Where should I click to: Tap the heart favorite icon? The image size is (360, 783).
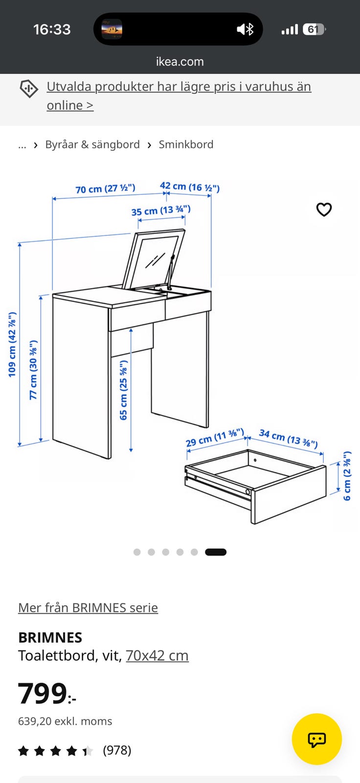[x=324, y=209]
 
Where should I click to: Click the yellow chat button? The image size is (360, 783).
[x=316, y=739]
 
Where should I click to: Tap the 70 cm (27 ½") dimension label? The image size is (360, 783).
[x=105, y=188]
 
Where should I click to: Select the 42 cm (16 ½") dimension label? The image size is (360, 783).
[x=190, y=187]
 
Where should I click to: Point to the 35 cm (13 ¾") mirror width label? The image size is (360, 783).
[x=161, y=211]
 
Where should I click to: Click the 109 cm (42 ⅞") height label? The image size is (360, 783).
[x=12, y=345]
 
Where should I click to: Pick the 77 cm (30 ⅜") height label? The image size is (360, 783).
[x=33, y=370]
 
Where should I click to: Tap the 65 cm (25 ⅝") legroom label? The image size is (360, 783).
[x=123, y=390]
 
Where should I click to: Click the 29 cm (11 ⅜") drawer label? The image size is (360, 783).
[x=215, y=438]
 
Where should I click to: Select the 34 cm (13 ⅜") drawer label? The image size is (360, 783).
[x=289, y=438]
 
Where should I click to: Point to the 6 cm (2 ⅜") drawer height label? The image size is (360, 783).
[x=347, y=476]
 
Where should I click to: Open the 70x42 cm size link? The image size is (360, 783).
[x=157, y=656]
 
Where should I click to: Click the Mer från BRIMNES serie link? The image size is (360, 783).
[x=88, y=608]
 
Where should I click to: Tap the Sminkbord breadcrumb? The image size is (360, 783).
[x=186, y=144]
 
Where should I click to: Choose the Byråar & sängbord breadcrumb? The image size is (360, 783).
[x=92, y=144]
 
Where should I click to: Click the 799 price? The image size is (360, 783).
[x=47, y=693]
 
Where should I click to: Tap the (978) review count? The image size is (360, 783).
[x=117, y=750]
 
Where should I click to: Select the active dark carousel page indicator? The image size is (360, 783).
[x=216, y=552]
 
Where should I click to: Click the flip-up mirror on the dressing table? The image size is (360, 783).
[x=154, y=259]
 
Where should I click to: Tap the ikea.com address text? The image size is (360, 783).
[x=180, y=62]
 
